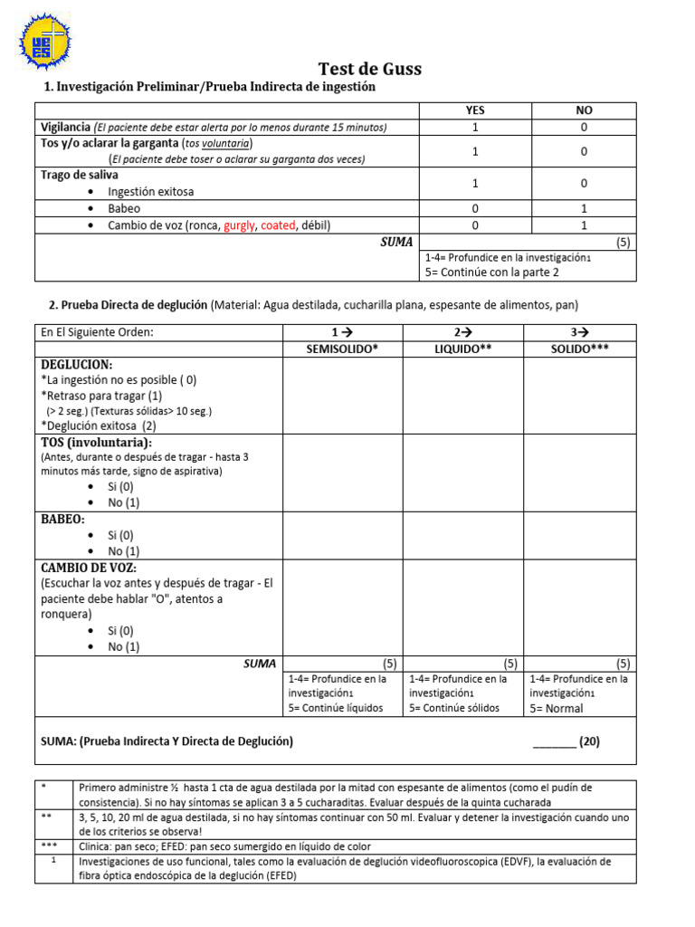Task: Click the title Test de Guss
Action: coord(369,69)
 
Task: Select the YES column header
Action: coord(474,110)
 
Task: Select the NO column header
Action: coord(584,110)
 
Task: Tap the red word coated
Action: coord(279,225)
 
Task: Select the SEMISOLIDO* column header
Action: coord(342,349)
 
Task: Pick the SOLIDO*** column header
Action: coord(579,349)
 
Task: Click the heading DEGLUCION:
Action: coord(77,364)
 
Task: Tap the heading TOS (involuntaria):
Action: coord(97,442)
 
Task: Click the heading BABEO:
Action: coord(63,520)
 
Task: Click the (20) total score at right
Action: coord(589,741)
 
